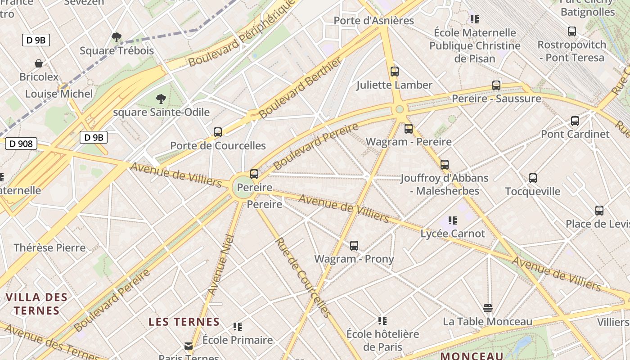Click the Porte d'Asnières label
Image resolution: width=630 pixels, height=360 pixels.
tap(373, 21)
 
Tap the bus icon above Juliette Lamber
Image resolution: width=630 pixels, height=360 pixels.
tap(395, 71)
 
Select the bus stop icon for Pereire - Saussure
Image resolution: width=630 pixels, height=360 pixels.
tap(496, 85)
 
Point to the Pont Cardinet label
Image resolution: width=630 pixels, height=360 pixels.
tap(575, 134)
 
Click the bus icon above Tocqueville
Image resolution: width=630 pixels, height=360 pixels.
tap(533, 178)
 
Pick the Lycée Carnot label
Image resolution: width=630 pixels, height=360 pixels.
tap(453, 234)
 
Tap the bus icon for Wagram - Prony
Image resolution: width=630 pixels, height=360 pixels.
tap(354, 246)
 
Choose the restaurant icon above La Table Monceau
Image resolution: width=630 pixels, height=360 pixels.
tap(488, 308)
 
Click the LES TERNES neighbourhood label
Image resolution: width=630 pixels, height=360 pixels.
tap(184, 322)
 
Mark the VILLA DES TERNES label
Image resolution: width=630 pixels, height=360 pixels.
tap(36, 304)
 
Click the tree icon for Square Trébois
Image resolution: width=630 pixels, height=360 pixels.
tap(117, 37)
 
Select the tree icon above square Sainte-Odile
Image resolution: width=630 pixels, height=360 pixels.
tap(161, 99)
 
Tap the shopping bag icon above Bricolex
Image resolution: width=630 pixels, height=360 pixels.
tap(39, 63)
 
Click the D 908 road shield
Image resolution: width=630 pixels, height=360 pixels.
tap(21, 144)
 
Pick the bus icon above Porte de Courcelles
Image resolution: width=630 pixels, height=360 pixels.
tap(218, 132)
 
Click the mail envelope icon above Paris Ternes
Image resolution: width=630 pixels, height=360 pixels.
tap(189, 346)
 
